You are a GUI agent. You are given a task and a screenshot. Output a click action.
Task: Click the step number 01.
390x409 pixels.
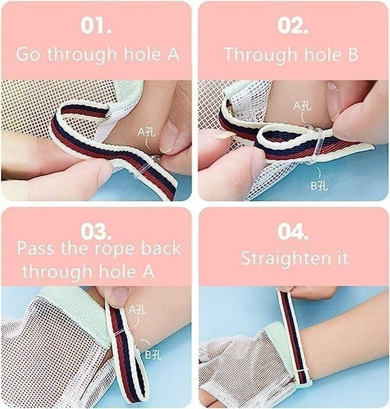[96, 27]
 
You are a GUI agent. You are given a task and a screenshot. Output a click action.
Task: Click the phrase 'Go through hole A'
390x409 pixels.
[97, 54]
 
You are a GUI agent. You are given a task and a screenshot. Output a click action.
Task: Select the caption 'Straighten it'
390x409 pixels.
[295, 258]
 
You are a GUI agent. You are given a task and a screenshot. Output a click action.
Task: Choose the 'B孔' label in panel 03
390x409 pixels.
[154, 353]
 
